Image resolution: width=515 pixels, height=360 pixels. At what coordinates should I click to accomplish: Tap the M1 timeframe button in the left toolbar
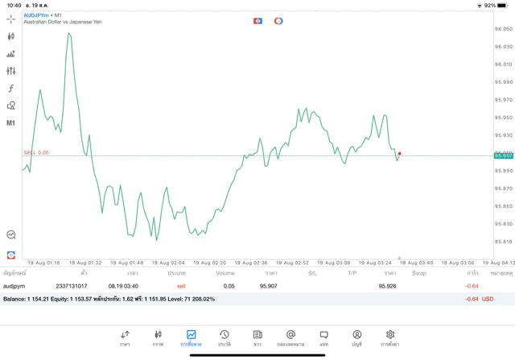coord(10,123)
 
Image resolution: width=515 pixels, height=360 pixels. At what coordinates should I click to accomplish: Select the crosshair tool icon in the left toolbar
coord(10,19)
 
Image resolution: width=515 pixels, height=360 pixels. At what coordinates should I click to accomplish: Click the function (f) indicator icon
coord(10,89)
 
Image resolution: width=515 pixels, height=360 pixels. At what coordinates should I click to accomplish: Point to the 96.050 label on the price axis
coord(504,29)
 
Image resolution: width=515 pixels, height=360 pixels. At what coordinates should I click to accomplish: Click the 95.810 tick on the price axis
coord(504,242)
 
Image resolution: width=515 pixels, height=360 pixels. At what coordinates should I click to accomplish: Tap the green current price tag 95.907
coord(504,155)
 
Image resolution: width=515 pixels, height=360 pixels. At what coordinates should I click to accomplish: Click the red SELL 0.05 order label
coord(36,152)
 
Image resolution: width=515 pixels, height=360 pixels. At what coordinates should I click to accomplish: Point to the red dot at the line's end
coord(399,153)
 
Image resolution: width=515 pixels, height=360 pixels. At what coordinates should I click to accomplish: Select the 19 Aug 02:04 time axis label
coord(168,263)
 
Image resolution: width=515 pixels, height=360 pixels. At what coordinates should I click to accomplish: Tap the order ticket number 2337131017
coord(72,286)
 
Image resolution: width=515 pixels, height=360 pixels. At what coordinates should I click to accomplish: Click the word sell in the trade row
coord(181,286)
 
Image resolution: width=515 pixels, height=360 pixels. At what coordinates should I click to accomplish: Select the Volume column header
coord(225,273)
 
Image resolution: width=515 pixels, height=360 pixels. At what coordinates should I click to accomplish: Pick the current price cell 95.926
coord(387,286)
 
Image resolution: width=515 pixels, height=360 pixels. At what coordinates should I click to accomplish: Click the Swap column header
coord(418,273)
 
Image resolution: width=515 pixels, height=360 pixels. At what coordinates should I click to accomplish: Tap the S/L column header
coord(312,273)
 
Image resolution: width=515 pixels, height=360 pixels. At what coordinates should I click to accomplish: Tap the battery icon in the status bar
coord(502,5)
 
